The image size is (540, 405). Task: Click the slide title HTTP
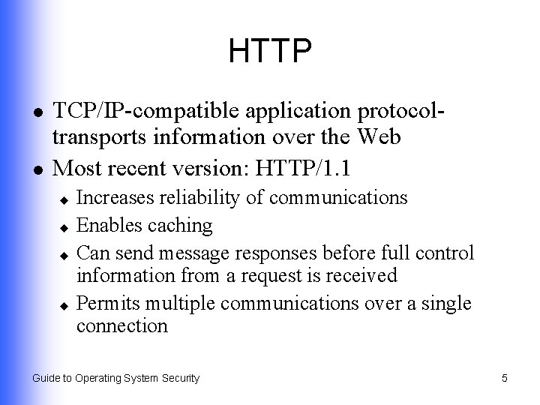tap(270, 52)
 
